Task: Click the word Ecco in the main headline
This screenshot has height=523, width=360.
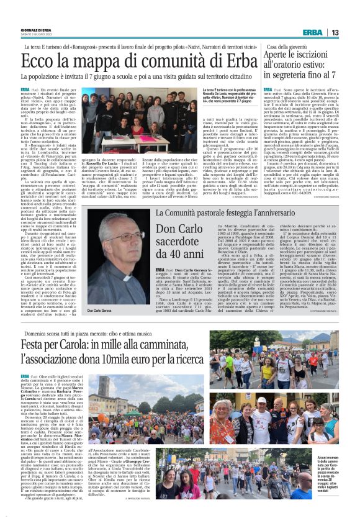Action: click(43, 61)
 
